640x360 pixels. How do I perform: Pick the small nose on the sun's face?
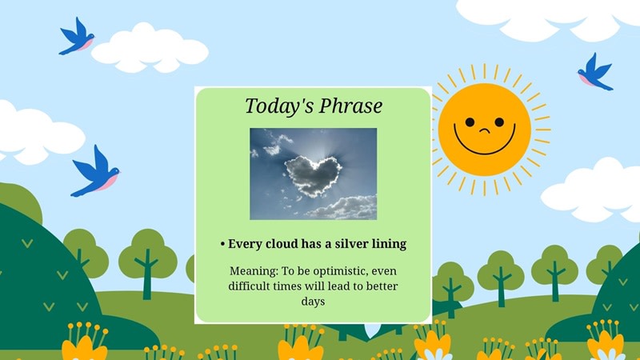pyautogui.click(x=483, y=129)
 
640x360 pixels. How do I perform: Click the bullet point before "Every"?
pyautogui.click(x=222, y=244)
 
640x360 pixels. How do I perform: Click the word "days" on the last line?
pyautogui.click(x=313, y=302)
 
